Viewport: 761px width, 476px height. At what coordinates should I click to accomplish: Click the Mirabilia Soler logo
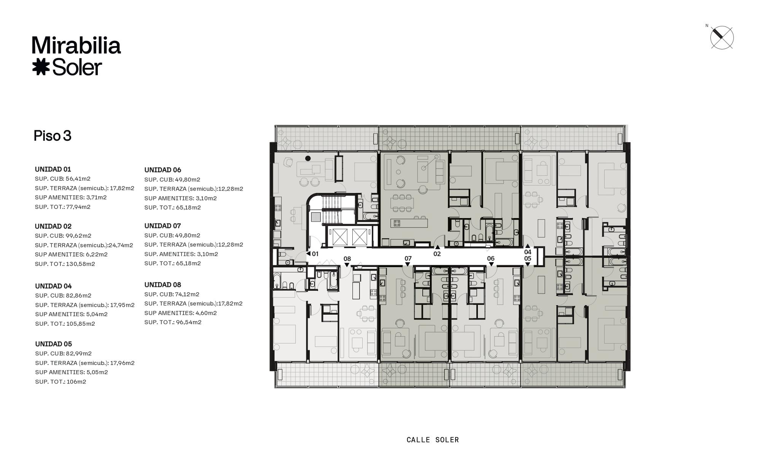(x=76, y=56)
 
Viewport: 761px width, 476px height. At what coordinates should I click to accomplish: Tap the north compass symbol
(x=721, y=38)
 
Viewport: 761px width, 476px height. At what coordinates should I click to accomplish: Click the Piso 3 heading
(x=53, y=136)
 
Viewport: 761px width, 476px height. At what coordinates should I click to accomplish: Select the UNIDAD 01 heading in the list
(x=53, y=169)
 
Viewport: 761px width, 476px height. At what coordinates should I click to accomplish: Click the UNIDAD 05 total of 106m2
(x=76, y=382)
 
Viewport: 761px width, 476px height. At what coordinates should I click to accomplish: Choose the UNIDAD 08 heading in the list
(x=162, y=285)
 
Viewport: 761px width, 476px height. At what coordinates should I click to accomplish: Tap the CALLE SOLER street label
(x=433, y=440)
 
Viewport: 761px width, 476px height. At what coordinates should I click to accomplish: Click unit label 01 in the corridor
(x=315, y=254)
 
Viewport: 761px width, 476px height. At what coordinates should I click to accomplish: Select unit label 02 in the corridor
(x=437, y=254)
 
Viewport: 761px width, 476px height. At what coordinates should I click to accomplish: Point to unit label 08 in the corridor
(x=347, y=259)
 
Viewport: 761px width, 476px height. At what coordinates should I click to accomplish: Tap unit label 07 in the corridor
(x=408, y=258)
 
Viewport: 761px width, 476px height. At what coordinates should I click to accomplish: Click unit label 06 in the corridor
(x=490, y=258)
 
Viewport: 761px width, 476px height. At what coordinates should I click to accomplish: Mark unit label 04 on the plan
(x=527, y=252)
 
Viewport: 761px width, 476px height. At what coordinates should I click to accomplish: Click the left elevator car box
(x=340, y=237)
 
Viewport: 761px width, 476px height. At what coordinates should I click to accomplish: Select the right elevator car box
(x=360, y=237)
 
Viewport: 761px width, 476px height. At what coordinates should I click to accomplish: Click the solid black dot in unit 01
(x=308, y=158)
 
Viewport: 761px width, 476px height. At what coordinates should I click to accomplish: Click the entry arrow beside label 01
(x=308, y=254)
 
